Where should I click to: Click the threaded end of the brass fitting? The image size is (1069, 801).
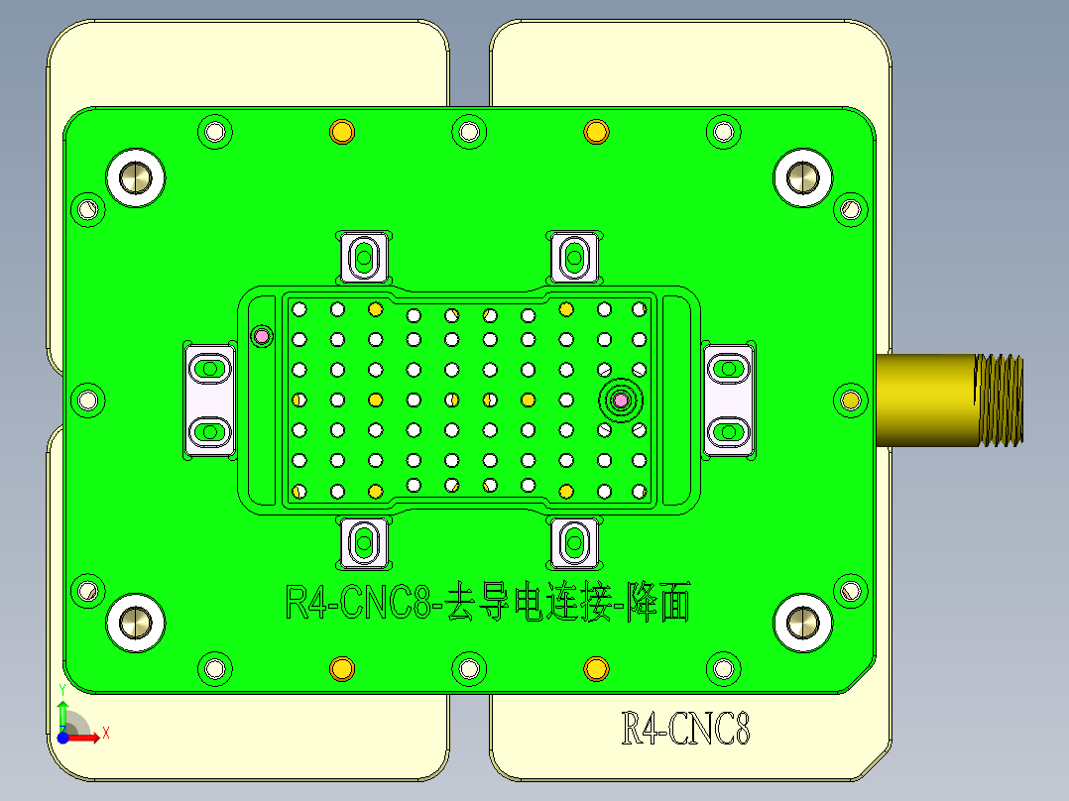point(999,400)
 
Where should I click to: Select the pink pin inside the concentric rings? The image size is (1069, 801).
point(621,400)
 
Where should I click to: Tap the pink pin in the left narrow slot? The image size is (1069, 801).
point(262,335)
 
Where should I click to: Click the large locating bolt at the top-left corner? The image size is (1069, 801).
point(134,177)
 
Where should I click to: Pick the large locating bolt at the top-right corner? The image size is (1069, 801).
point(801,177)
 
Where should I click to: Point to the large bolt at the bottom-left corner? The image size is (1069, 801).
point(134,622)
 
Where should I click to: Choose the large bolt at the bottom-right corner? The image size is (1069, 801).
point(801,622)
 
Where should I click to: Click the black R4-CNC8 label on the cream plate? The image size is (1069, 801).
point(684,731)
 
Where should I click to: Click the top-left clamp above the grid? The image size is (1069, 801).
point(363,257)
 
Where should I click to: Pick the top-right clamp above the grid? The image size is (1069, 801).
point(573,257)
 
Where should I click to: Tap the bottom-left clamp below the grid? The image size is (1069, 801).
point(363,542)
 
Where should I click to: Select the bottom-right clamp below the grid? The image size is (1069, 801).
point(573,542)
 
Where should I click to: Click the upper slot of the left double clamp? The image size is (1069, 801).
point(209,369)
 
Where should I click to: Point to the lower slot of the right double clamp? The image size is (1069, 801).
point(729,431)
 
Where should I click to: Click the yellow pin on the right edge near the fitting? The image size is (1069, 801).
point(850,400)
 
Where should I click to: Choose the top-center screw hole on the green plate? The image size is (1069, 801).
point(468,131)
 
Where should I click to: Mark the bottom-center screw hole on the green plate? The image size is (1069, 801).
point(468,668)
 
